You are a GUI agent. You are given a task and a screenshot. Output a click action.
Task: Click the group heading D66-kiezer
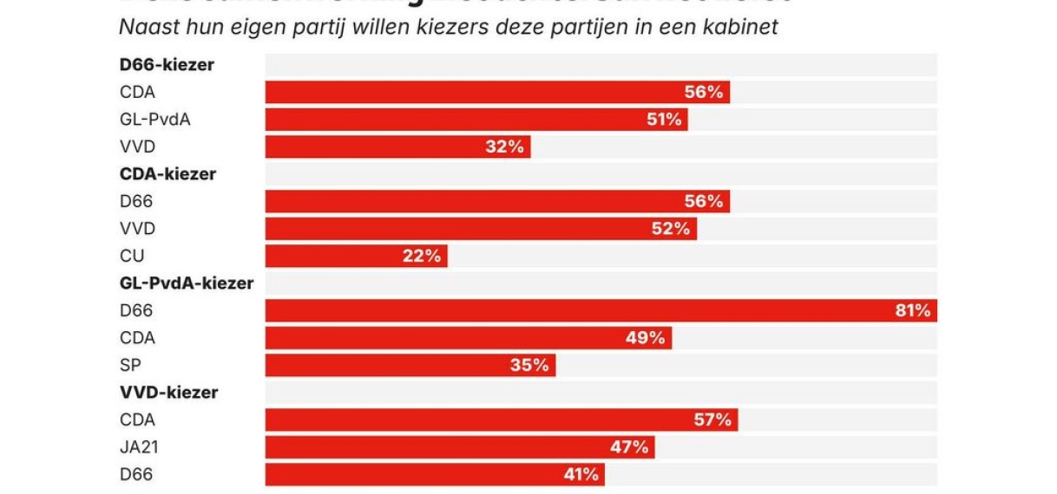tap(166, 65)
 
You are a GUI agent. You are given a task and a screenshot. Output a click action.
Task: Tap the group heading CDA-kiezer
tap(167, 174)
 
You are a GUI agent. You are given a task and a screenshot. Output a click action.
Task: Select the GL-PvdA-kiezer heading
tap(186, 283)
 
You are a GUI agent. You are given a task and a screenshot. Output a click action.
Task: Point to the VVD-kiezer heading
tap(168, 393)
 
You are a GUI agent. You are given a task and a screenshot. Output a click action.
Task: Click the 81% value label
tap(912, 311)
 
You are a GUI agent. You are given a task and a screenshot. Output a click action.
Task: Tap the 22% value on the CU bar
tap(421, 257)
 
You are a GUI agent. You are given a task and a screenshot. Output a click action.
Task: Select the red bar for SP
tap(410, 366)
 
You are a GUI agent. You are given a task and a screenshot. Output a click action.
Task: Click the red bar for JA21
tap(459, 447)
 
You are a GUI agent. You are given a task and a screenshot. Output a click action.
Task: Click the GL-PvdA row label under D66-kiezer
tap(154, 120)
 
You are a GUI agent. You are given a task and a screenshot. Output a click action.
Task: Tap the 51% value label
tap(664, 120)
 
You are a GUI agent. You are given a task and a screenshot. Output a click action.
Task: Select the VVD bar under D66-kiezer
tap(397, 147)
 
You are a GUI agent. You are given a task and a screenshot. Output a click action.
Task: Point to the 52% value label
tap(671, 229)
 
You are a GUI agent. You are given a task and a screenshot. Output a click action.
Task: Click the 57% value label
tap(713, 420)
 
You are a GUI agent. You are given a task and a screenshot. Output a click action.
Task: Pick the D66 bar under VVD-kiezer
tap(434, 475)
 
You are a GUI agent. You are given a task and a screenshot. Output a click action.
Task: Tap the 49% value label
tap(645, 338)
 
